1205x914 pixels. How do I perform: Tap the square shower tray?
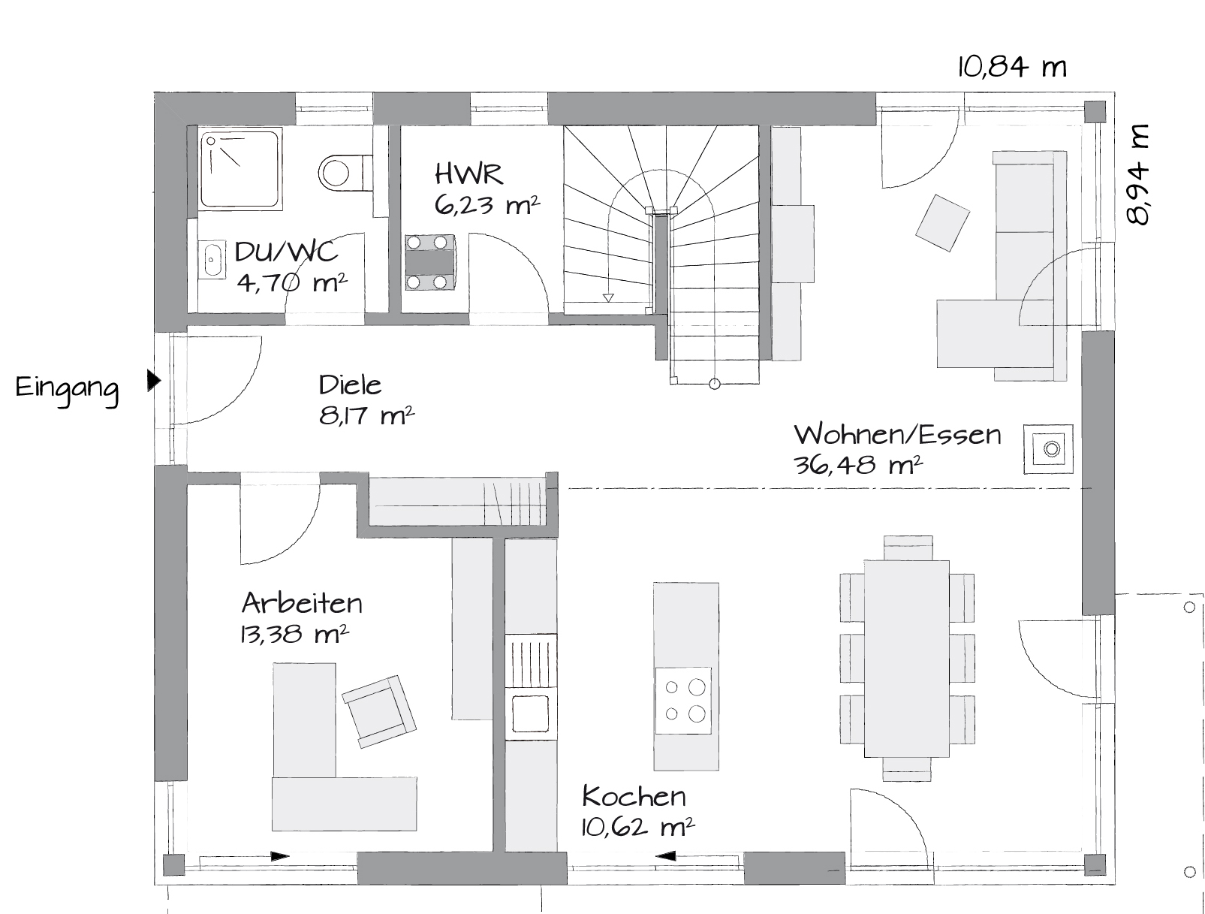(x=240, y=169)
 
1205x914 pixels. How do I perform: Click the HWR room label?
(x=468, y=174)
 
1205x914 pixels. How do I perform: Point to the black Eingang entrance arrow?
(x=154, y=381)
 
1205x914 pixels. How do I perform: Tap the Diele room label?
(x=350, y=385)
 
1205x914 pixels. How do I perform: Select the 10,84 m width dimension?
(x=1012, y=68)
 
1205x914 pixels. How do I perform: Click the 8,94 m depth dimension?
(x=1137, y=174)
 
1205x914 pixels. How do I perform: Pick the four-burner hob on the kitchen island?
(x=684, y=701)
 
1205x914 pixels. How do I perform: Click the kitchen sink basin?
(x=530, y=713)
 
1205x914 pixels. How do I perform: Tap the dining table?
(x=906, y=658)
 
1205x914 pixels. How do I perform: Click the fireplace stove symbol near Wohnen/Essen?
(x=1048, y=448)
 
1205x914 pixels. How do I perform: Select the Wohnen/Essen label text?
(x=897, y=434)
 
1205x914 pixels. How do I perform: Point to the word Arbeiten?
(x=302, y=603)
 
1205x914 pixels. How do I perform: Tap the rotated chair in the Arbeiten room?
(x=379, y=711)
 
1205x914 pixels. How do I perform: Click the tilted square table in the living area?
(x=942, y=223)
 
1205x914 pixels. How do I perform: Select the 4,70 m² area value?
(x=292, y=284)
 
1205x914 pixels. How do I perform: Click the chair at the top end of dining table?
(x=908, y=547)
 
